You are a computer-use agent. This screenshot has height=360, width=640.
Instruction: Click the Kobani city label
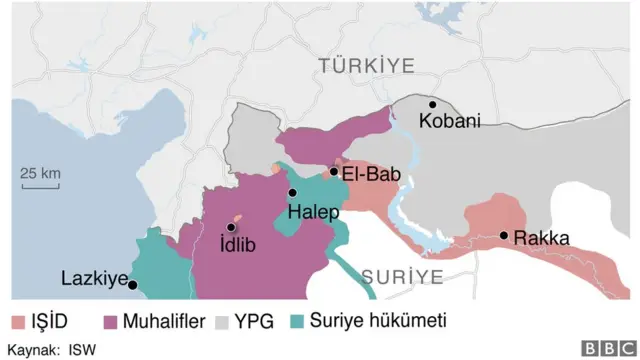pos(450,121)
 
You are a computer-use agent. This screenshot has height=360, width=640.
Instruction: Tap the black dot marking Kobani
pos(433,104)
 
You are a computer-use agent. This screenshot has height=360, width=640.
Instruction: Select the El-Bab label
pos(371,174)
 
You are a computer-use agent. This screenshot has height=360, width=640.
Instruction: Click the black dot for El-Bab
pos(334,172)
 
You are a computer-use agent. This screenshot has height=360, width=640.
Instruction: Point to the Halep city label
pos(314,212)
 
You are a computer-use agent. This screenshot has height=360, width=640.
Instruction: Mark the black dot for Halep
pos(292,193)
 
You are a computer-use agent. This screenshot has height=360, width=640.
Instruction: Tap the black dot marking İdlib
pos(231,228)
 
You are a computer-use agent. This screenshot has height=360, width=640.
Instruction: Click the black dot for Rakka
pos(505,236)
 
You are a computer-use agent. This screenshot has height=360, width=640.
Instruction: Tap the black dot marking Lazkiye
pos(132,285)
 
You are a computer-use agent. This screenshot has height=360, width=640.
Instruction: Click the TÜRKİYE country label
pos(366,66)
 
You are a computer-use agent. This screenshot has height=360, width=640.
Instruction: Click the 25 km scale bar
pos(41,182)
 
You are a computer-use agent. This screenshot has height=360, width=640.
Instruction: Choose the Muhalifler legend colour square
pos(110,322)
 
